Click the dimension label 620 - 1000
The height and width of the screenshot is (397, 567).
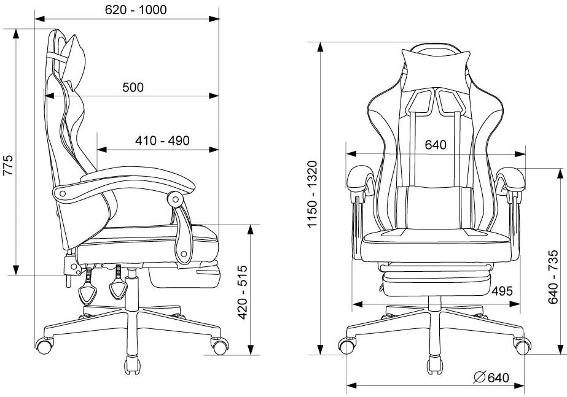pos(136,10)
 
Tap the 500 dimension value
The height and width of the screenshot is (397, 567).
pos(133,87)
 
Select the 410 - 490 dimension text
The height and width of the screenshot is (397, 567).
pos(162,141)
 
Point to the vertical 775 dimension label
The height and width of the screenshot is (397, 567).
pos(8,165)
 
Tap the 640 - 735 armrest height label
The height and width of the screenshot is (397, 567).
pos(553,277)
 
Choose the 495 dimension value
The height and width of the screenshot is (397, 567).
pos(502,291)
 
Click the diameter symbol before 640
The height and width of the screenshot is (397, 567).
pos(479,377)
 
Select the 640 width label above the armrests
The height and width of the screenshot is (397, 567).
pos(436,145)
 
